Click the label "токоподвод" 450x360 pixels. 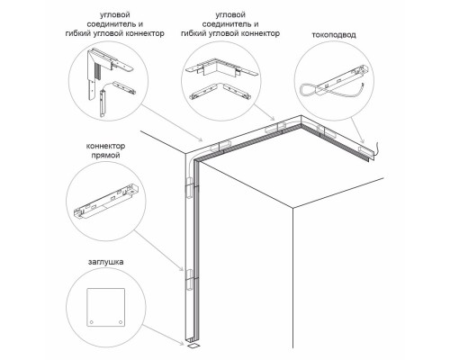coord(334,35)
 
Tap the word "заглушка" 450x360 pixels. coord(105,262)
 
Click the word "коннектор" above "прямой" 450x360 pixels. coord(105,146)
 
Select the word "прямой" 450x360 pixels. coord(105,156)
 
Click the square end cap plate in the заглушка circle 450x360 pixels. coord(105,307)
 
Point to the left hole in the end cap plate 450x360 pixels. coord(92,322)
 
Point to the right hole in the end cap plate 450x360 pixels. coord(121,322)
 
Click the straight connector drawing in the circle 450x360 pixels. coord(105,202)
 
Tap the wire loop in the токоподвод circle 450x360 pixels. coord(308,90)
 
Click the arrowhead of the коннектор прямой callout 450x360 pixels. coord(181,268)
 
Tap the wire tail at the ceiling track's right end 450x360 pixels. coord(375,149)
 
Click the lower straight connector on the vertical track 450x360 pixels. coord(189,280)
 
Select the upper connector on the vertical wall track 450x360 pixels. coord(189,187)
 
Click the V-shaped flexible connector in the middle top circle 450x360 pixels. coord(220,91)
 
